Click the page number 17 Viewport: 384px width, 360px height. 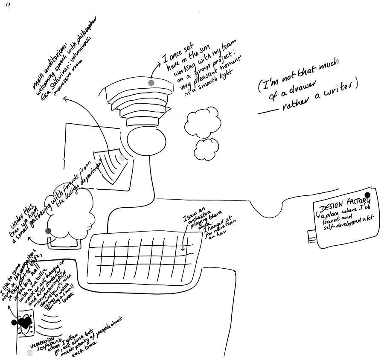[8, 5]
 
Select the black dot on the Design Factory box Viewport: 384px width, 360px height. [367, 195]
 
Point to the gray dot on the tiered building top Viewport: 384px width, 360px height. [150, 82]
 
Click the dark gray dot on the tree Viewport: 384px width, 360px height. [48, 231]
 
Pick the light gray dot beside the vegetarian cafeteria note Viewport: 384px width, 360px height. [29, 353]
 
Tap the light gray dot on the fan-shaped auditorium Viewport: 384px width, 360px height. [122, 157]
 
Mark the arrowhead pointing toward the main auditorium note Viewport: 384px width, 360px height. [64, 99]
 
